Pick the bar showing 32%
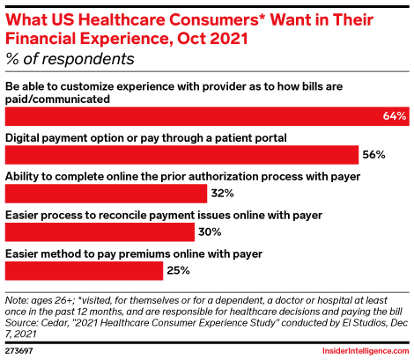(106, 193)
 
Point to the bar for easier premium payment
(84, 270)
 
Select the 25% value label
(179, 271)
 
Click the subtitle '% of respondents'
(70, 60)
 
